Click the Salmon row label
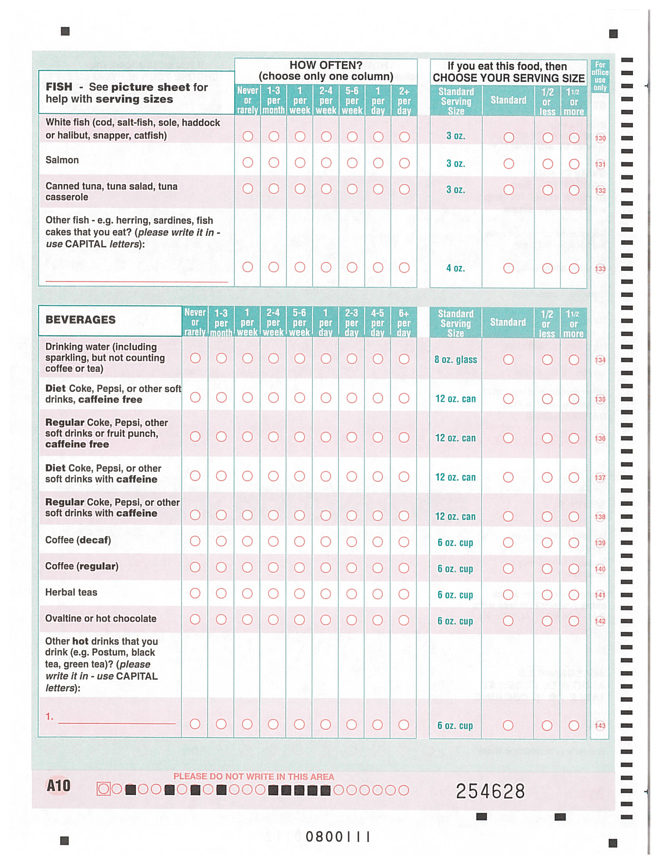(x=62, y=160)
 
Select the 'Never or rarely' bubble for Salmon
(x=248, y=163)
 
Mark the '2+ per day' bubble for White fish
(x=404, y=137)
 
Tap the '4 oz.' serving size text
(x=455, y=268)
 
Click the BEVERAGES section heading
(x=81, y=320)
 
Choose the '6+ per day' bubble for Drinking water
(x=404, y=359)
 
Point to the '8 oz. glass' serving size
(x=455, y=360)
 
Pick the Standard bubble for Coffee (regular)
(x=508, y=569)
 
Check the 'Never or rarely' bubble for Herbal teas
(x=195, y=593)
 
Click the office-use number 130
(x=600, y=138)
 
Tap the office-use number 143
(x=600, y=725)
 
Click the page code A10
(x=59, y=786)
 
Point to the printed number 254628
(x=490, y=791)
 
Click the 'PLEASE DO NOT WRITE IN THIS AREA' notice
(x=254, y=777)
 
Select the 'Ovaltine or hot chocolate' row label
(x=101, y=618)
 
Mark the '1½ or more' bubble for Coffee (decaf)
(x=574, y=542)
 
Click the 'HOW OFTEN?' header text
(x=326, y=65)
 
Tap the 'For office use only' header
(x=600, y=76)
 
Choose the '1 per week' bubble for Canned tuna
(x=300, y=189)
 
